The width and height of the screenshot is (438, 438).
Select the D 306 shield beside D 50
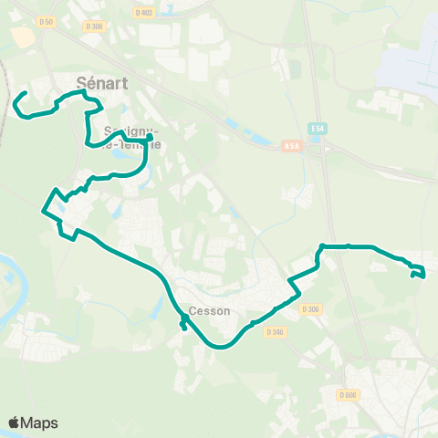pos(94,26)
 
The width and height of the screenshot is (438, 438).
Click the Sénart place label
pos(101,83)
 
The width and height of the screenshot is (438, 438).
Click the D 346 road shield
pos(276,332)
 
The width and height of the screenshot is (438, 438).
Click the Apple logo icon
pos(15,422)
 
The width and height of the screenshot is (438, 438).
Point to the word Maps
pos(40,423)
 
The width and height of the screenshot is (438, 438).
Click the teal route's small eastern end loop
pos(418,271)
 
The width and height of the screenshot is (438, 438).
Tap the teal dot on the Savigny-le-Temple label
pos(149,138)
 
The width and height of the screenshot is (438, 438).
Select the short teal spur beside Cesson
pos(185,324)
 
